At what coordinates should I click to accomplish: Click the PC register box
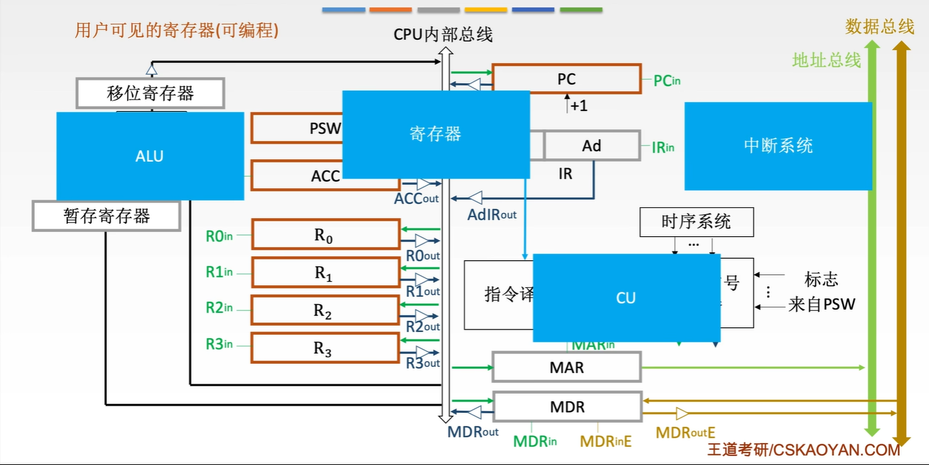point(566,79)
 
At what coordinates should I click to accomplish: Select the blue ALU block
point(150,156)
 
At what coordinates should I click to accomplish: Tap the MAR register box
point(566,367)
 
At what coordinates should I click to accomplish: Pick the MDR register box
point(567,407)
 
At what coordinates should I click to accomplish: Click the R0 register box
point(325,235)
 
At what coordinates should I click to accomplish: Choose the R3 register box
point(325,348)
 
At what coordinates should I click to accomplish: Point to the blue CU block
point(626,298)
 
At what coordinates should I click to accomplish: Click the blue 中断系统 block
point(778,146)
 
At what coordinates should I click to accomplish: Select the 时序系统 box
point(696,222)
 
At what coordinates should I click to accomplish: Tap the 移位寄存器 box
point(150,93)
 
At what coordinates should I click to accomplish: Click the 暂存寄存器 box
point(106,216)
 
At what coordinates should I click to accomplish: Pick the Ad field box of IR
point(592,146)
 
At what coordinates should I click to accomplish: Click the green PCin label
point(667,81)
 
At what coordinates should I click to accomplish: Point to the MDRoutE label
point(685,433)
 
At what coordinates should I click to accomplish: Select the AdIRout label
point(492,215)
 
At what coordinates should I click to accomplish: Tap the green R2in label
point(219,308)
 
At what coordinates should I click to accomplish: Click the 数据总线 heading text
point(879,26)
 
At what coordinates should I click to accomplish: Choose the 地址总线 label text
point(826,60)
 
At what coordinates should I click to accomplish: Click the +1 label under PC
point(578,106)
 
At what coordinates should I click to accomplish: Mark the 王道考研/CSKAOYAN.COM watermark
point(803,450)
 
